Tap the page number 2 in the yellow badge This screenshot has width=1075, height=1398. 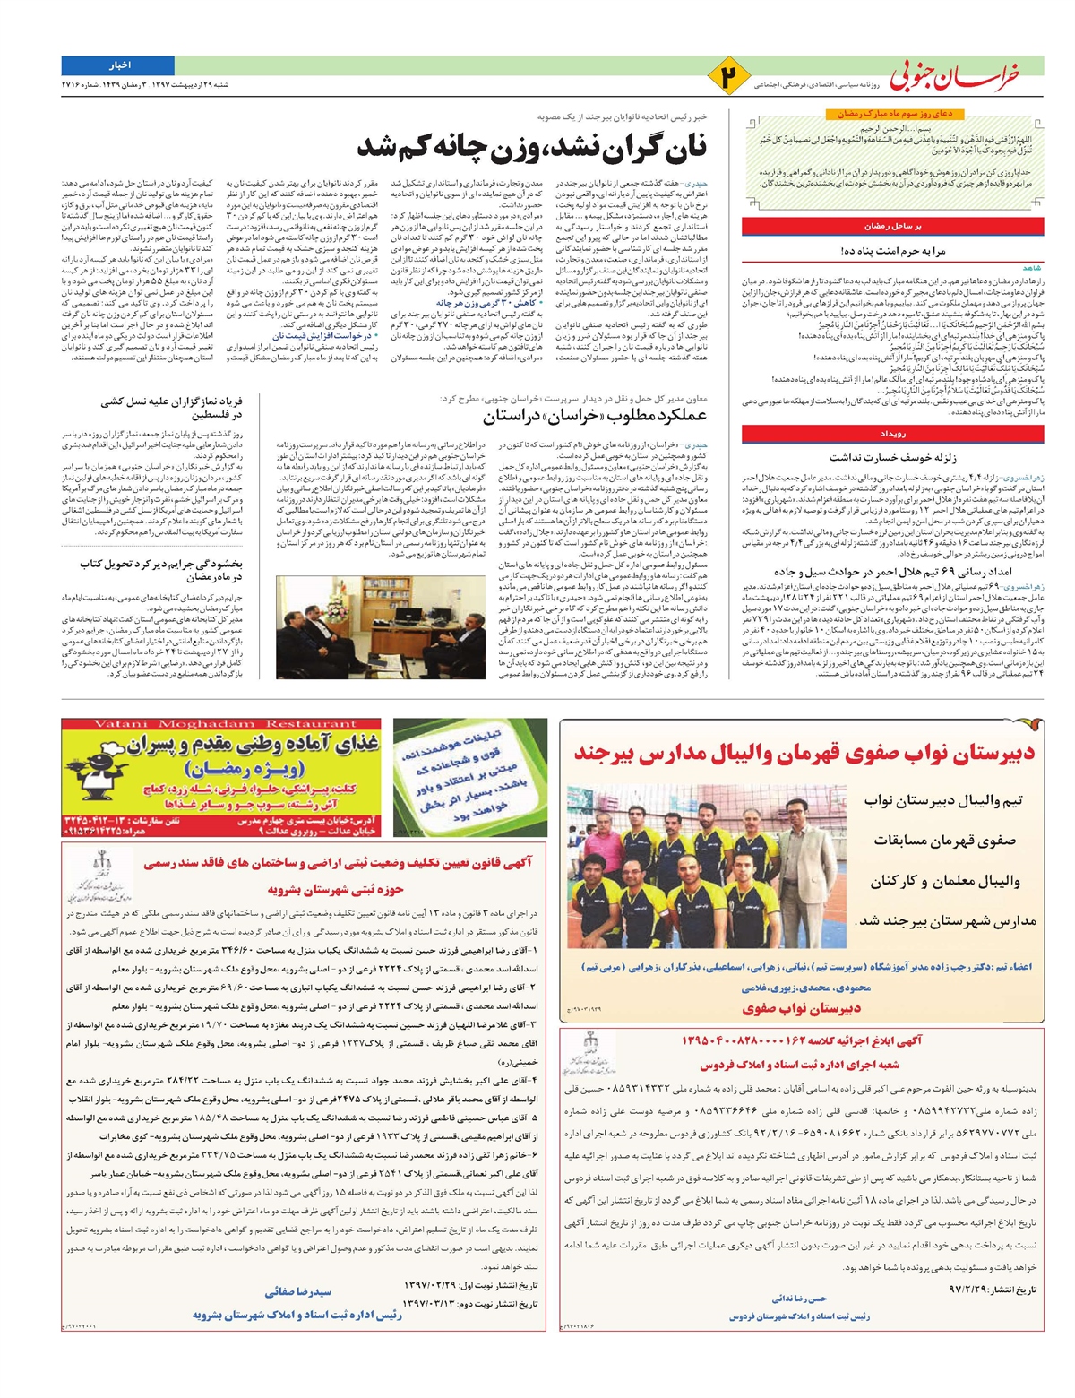[729, 76]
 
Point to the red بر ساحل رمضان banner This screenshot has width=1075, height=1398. [892, 227]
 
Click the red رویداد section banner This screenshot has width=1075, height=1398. [892, 434]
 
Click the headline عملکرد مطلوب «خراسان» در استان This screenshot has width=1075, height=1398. [595, 416]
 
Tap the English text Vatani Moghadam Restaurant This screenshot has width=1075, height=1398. [222, 723]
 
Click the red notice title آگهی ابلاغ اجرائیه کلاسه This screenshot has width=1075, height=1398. [801, 1040]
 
